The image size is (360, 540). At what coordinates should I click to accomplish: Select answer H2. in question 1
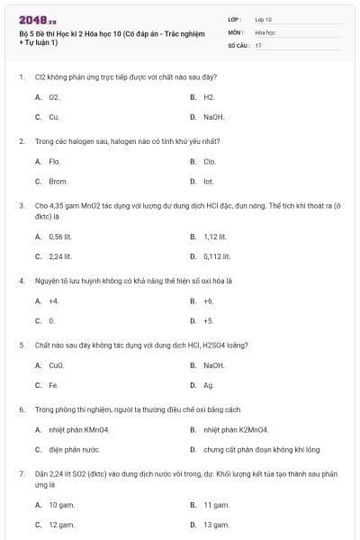click(x=209, y=96)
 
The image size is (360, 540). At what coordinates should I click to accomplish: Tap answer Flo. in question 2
click(x=54, y=161)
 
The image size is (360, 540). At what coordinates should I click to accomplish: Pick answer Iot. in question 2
click(x=209, y=182)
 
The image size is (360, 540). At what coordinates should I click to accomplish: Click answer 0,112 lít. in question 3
click(x=216, y=256)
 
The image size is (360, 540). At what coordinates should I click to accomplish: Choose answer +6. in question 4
click(x=209, y=301)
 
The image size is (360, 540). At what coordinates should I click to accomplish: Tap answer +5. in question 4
click(x=209, y=320)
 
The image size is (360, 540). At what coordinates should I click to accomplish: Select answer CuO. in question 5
click(x=56, y=365)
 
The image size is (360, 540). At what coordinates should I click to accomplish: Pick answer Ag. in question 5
click(x=209, y=385)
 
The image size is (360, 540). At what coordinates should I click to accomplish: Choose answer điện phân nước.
click(x=74, y=449)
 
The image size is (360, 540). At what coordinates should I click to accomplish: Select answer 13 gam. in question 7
click(x=215, y=524)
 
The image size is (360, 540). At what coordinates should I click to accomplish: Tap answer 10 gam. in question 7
click(x=60, y=505)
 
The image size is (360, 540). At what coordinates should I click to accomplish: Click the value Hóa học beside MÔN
click(x=265, y=31)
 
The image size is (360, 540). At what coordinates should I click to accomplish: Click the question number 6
click(x=22, y=409)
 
